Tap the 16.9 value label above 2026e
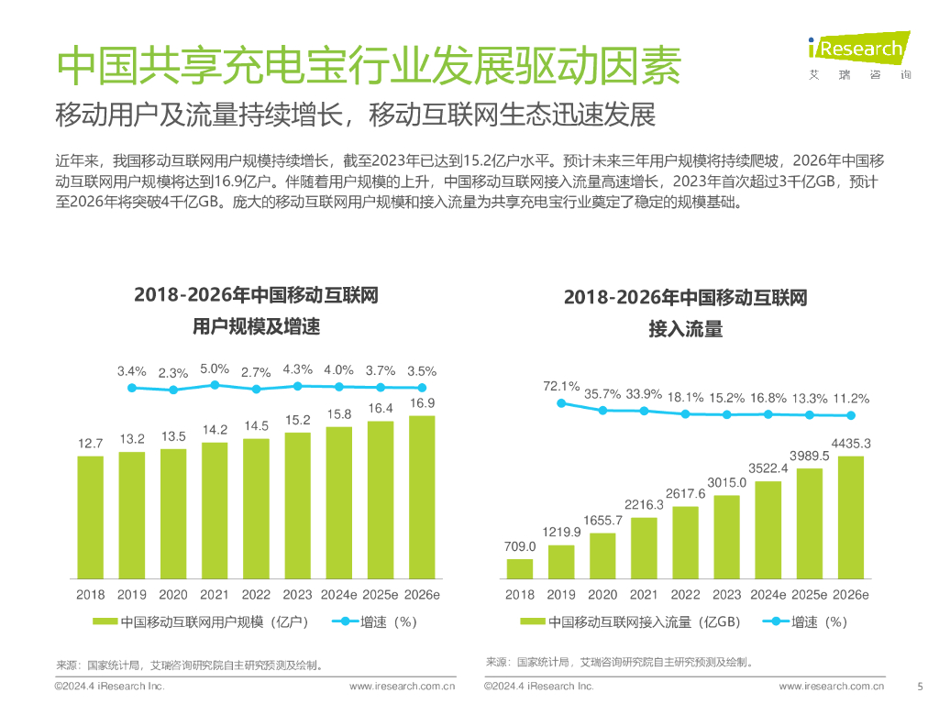point(422,402)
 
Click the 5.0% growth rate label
point(215,368)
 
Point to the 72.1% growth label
point(561,386)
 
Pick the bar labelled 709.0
point(520,568)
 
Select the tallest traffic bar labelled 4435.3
point(851,517)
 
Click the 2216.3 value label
point(645,504)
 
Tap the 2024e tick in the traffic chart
point(768,594)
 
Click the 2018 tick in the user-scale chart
point(91,594)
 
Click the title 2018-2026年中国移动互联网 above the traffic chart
point(685,298)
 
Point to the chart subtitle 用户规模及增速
point(256,326)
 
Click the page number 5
point(920,686)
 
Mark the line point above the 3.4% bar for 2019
point(132,388)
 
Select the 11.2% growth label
point(851,399)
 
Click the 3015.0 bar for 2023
point(727,536)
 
